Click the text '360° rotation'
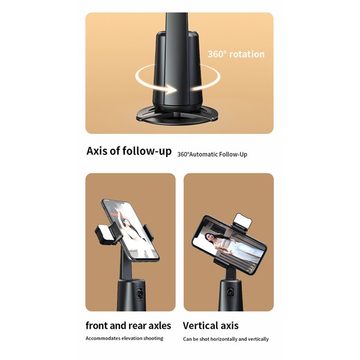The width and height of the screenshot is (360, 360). click(236, 54)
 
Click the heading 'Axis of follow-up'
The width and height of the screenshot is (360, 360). click(129, 151)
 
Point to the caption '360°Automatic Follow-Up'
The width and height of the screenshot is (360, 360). click(212, 154)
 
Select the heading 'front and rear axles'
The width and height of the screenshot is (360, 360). click(128, 326)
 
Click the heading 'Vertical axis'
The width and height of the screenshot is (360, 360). click(210, 326)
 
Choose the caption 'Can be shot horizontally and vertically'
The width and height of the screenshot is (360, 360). click(226, 339)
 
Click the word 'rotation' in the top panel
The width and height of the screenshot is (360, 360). click(245, 54)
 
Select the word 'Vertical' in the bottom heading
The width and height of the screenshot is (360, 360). click(200, 326)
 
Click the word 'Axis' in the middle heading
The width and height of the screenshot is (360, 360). click(98, 151)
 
